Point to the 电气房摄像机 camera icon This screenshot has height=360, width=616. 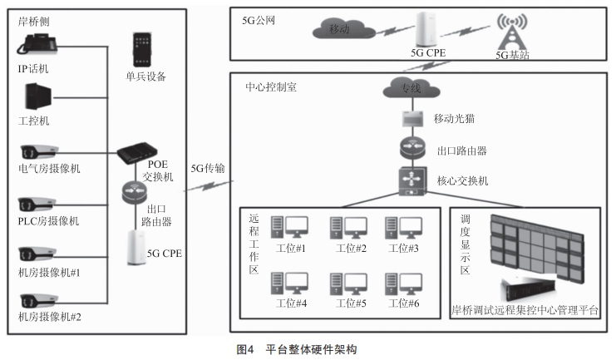40,152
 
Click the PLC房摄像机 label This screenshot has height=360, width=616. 49,220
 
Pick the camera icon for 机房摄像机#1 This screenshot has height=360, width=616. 40,254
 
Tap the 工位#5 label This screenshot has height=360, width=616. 350,303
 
